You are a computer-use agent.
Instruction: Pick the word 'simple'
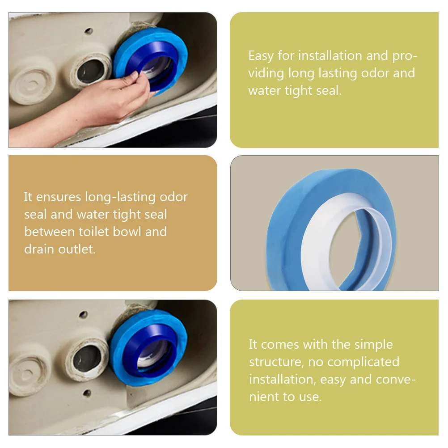point(373,345)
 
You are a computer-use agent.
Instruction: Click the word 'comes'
point(280,345)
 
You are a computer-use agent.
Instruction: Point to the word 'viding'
point(266,73)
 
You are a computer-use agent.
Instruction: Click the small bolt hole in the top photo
point(89,31)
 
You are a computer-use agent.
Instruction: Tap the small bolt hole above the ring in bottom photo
point(83,315)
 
